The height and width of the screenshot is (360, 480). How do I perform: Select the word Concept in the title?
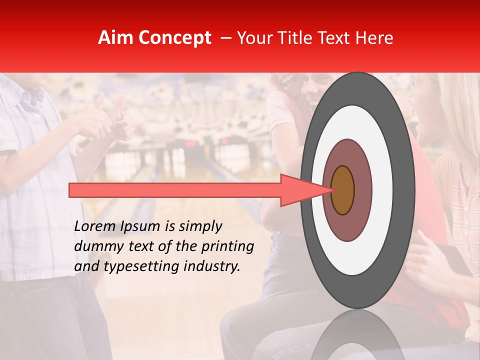tap(174, 38)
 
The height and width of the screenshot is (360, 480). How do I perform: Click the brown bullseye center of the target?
tap(343, 190)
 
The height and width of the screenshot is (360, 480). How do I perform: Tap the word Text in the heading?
tap(336, 38)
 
